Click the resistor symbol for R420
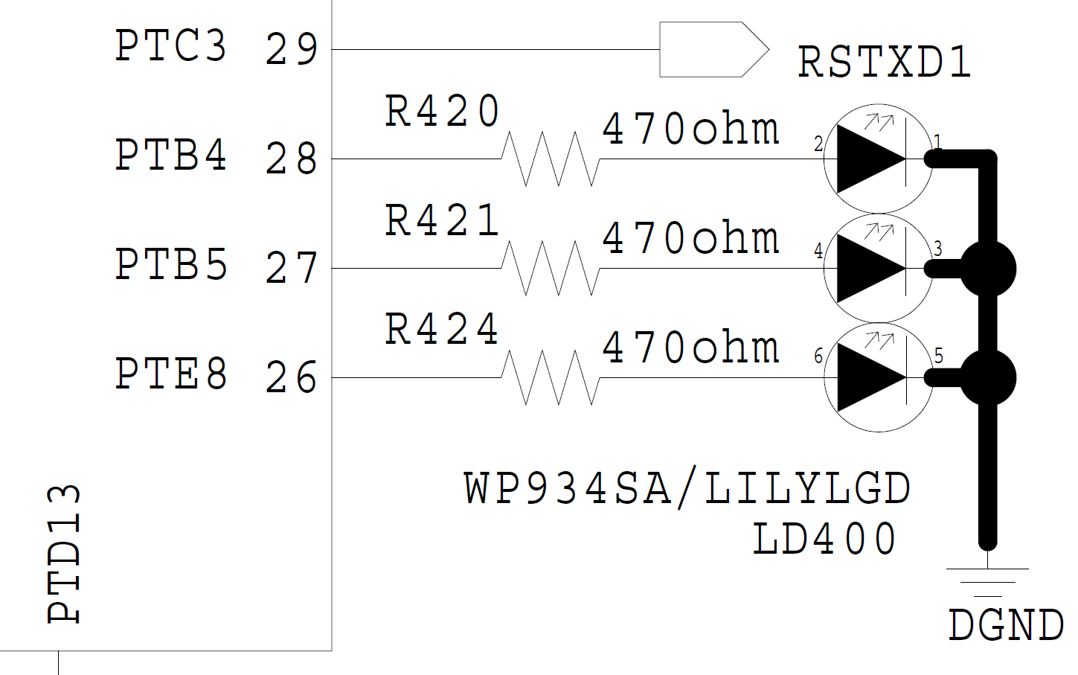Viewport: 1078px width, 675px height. click(x=550, y=159)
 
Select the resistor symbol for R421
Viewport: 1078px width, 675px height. click(x=550, y=268)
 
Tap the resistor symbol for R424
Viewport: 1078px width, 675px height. click(x=550, y=377)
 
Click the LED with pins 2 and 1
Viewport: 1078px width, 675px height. click(x=877, y=159)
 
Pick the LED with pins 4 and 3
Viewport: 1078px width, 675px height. click(x=877, y=268)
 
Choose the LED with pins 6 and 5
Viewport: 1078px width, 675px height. click(x=877, y=377)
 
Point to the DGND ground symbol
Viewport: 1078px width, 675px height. click(x=987, y=581)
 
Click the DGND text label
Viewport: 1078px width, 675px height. click(x=1005, y=625)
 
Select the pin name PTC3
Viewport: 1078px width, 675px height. click(x=170, y=46)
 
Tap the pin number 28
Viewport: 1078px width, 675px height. click(x=292, y=159)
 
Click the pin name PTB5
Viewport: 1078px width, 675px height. click(x=170, y=265)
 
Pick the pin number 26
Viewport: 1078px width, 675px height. click(x=292, y=378)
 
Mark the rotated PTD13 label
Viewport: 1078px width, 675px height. click(x=64, y=554)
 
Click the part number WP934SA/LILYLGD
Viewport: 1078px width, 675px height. click(x=687, y=489)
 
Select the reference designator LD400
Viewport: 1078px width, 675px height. click(x=824, y=540)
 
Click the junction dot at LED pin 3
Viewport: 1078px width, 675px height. click(x=987, y=269)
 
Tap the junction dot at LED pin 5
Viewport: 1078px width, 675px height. click(x=987, y=378)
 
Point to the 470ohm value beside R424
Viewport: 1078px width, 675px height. click(x=690, y=348)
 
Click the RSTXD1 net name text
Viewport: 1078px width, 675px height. click(x=885, y=63)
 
